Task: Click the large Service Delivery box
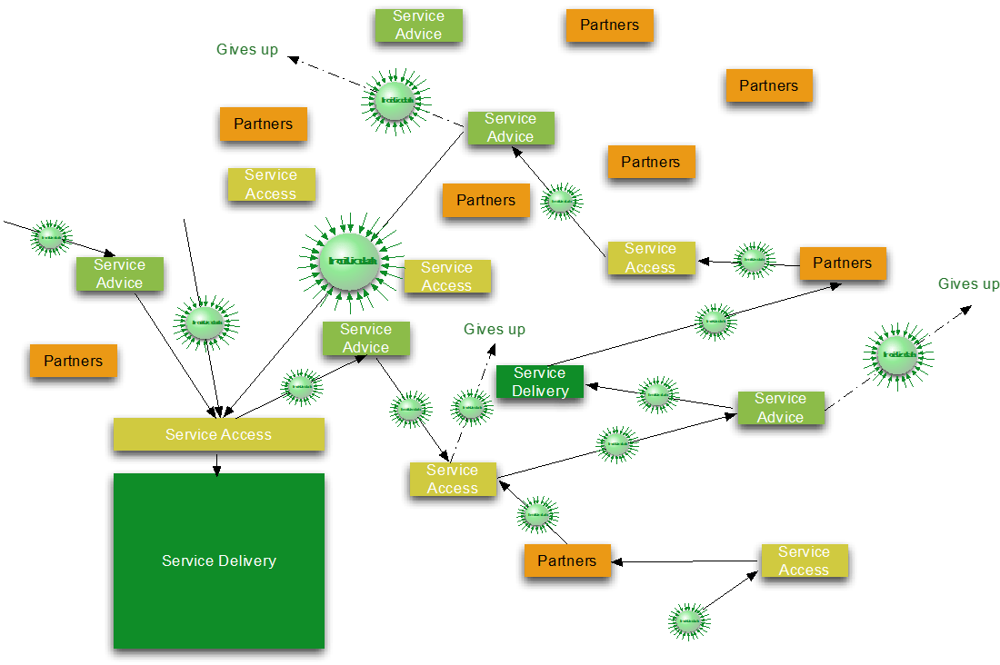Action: tap(218, 561)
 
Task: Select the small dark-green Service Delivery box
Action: tap(540, 382)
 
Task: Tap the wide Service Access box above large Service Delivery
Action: tap(218, 434)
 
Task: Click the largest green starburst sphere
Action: tap(350, 261)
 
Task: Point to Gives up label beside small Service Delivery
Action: tap(495, 329)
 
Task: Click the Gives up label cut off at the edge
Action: tap(968, 284)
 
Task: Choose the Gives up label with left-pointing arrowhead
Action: tap(247, 49)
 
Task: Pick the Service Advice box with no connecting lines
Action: tap(418, 25)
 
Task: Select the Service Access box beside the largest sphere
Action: tap(446, 276)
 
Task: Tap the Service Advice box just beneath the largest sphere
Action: tap(365, 338)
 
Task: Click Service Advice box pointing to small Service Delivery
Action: tap(780, 408)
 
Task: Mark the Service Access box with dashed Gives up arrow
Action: tap(452, 480)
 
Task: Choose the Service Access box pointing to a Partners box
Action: tap(804, 561)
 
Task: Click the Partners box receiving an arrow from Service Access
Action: tap(566, 561)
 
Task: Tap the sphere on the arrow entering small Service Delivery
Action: tap(656, 395)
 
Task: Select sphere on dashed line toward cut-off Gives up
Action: tap(897, 354)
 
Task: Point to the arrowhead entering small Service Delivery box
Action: tap(595, 386)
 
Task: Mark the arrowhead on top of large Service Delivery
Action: tap(216, 471)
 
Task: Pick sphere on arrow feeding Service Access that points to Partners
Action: tap(688, 621)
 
